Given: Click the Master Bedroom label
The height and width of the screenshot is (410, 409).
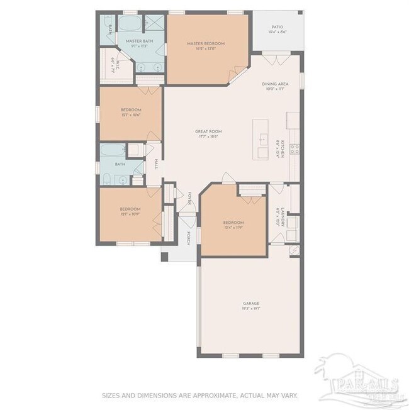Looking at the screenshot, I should coord(205,43).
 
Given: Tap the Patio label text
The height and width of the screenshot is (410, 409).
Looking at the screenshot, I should coord(277,27).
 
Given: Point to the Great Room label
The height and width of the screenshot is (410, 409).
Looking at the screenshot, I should coord(208,131).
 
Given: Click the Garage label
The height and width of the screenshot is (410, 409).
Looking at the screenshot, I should coord(251,304).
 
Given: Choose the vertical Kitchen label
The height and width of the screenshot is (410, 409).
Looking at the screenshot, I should coord(283,148).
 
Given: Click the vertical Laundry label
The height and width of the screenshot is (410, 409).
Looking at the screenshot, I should coord(284,216).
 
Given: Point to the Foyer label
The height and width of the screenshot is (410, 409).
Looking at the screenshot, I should coord(188,199).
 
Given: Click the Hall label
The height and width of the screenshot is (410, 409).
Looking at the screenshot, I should coord(155,164).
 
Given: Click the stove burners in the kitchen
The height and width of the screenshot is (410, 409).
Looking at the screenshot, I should coord(294,149).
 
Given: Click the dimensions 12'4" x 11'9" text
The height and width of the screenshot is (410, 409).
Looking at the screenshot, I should coord(233,228).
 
